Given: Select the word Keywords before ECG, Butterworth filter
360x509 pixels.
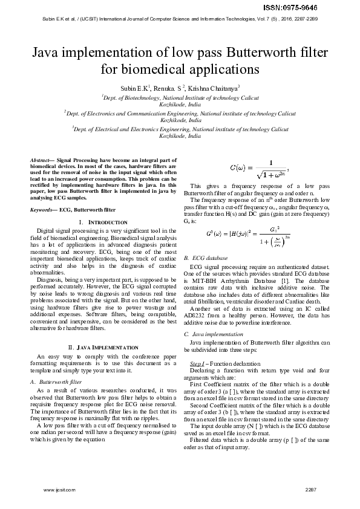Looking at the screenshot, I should (x=43, y=209).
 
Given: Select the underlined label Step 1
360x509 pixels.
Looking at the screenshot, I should (x=197, y=363).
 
